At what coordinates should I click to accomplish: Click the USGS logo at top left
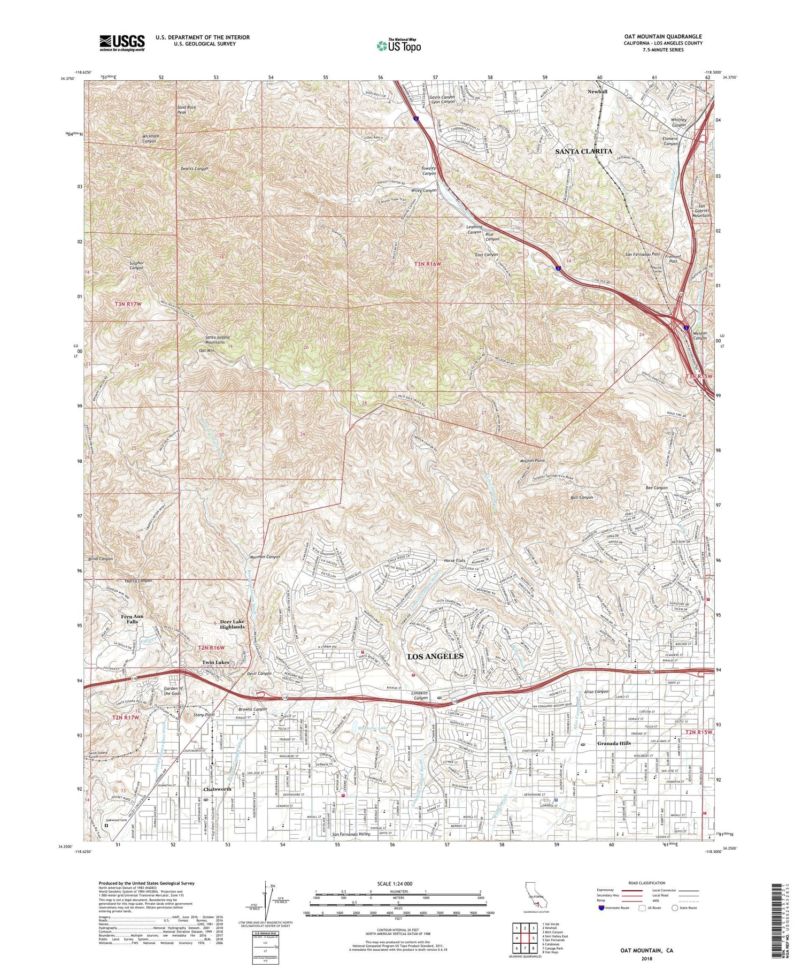(x=122, y=43)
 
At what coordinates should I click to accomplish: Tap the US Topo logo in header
(x=399, y=45)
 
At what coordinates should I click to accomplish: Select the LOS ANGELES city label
(x=435, y=656)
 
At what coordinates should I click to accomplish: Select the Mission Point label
(x=532, y=461)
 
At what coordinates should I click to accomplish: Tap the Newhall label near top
(x=597, y=91)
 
